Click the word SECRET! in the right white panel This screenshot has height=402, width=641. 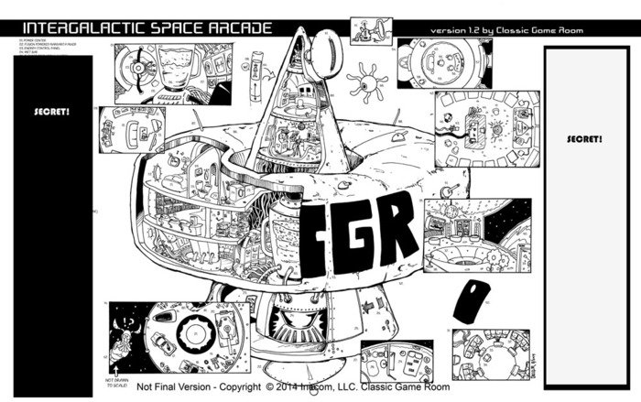[x=583, y=138]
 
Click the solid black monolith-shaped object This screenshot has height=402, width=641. [x=471, y=301]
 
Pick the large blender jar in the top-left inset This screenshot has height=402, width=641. [x=171, y=65]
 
